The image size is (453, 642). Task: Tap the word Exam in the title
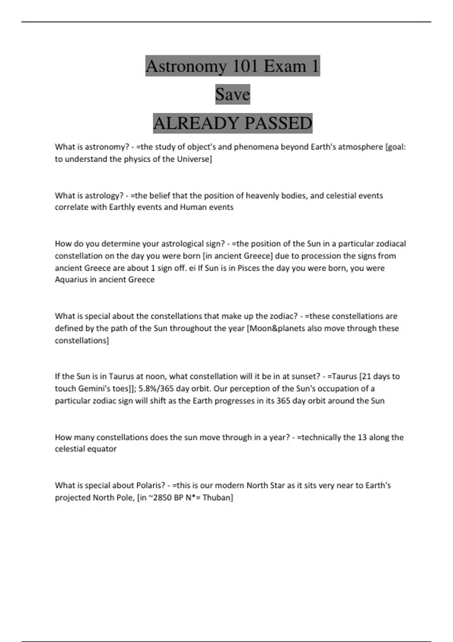tap(285, 66)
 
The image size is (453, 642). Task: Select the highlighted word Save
tap(233, 94)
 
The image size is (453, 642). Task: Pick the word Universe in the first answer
tap(193, 159)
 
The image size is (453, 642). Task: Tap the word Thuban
tap(217, 497)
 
